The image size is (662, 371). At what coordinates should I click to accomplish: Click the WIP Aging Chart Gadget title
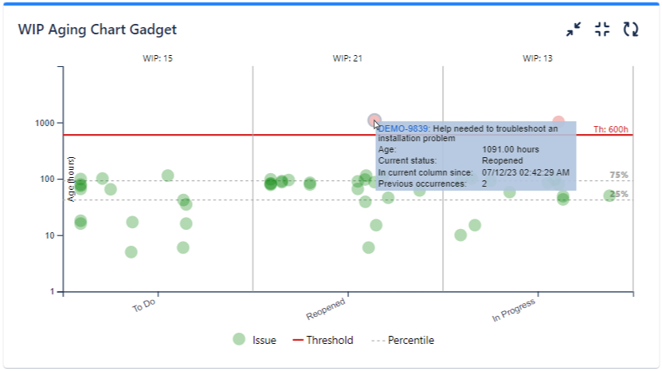97,30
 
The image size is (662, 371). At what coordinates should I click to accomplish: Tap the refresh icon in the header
630,30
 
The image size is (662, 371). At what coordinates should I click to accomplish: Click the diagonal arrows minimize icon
574,30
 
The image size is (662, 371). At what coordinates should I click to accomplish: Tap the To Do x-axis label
143,307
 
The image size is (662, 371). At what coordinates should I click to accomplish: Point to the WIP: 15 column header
158,58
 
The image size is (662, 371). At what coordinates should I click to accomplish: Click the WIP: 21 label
347,58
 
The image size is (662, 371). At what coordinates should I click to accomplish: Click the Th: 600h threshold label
611,129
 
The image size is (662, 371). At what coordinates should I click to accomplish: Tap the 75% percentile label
619,175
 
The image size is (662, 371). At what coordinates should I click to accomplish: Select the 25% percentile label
619,194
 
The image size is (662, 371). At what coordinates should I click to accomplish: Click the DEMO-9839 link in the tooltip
404,128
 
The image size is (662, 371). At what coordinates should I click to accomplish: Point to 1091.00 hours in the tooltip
511,149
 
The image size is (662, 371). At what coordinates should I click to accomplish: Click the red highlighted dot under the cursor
374,120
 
